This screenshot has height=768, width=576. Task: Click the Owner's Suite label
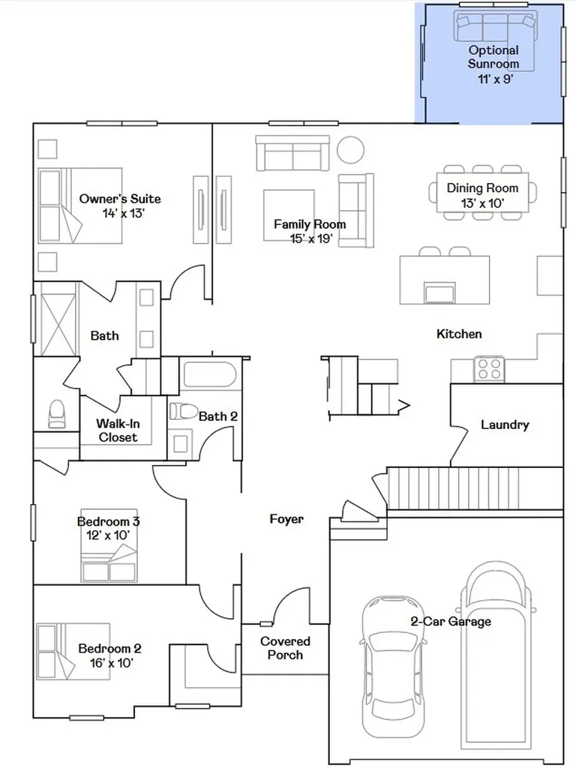click(x=120, y=199)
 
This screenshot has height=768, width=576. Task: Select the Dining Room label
click(x=482, y=188)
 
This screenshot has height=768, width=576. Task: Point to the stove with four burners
click(x=489, y=369)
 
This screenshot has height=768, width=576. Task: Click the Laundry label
click(x=505, y=424)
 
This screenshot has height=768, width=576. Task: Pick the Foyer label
click(x=286, y=519)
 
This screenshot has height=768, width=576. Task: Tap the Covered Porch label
click(x=285, y=648)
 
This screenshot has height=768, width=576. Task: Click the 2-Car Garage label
click(x=451, y=622)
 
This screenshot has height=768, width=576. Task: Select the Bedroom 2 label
click(x=109, y=649)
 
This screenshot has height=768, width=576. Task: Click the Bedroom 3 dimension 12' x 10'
click(x=108, y=535)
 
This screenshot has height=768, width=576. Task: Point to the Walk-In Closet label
click(x=118, y=430)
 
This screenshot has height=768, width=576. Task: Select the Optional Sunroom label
click(x=493, y=57)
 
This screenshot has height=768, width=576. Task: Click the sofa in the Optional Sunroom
click(x=495, y=28)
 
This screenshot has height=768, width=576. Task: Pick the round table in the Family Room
click(x=350, y=150)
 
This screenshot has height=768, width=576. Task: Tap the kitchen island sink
click(x=440, y=293)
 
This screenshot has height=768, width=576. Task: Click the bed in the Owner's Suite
click(x=80, y=205)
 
